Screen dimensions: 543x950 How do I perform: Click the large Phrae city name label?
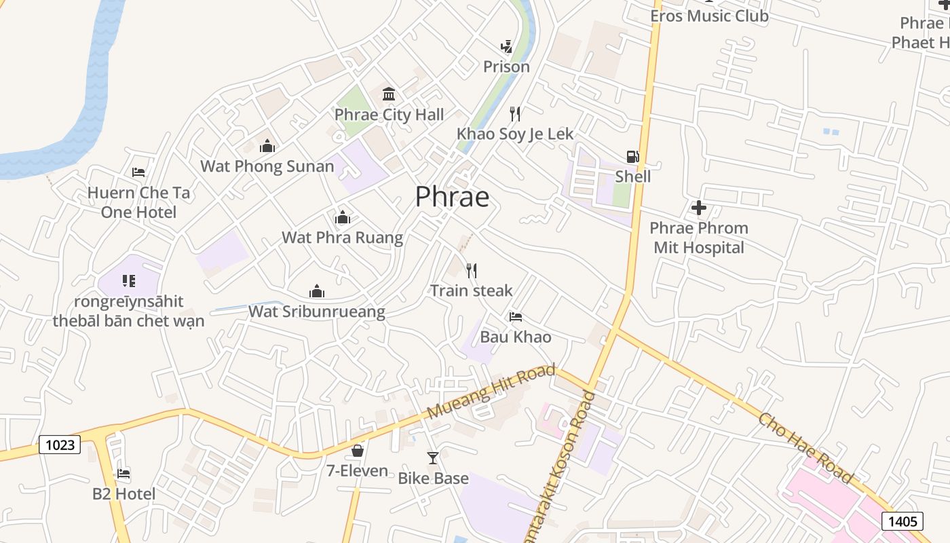[452, 197]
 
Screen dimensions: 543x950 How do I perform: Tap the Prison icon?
[506, 46]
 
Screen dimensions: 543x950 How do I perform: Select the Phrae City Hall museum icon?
[389, 94]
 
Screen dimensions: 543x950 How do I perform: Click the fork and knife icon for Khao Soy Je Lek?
[515, 113]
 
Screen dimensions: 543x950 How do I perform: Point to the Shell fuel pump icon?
[632, 157]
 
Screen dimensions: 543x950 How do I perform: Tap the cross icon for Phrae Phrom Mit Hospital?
[698, 208]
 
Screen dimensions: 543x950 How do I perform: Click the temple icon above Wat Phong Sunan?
[267, 146]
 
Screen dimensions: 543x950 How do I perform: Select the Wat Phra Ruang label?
[342, 238]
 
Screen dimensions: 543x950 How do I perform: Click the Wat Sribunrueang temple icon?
[316, 291]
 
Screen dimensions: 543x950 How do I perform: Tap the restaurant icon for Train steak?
[472, 271]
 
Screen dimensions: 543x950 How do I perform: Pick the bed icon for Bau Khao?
[516, 316]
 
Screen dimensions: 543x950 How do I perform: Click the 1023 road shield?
[60, 445]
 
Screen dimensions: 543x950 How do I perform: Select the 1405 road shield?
[902, 521]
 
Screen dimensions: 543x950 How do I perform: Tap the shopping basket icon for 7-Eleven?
[358, 451]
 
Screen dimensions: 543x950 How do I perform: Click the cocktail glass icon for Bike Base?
[433, 458]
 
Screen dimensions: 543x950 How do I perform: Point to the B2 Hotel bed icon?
[123, 473]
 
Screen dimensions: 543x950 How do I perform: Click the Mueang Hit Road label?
[491, 392]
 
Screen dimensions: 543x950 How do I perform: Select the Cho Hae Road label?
[805, 447]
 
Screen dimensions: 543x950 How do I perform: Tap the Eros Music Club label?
[709, 16]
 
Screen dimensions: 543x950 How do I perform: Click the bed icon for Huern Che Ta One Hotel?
[138, 172]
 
